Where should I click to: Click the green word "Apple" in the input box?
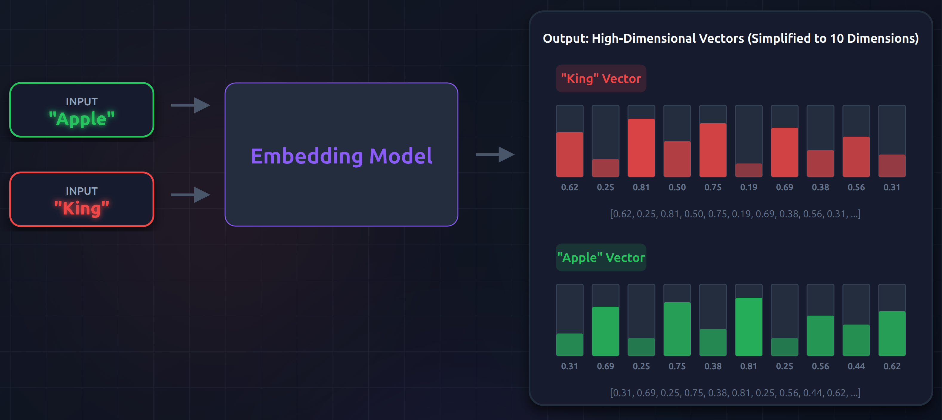coord(81,119)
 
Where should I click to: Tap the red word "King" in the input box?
coord(81,208)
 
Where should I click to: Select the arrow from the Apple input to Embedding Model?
coord(190,105)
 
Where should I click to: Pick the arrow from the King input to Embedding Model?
coord(190,195)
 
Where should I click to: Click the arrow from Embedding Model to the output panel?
coord(495,154)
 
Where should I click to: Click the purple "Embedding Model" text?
coord(341,156)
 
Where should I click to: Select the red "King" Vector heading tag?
coord(601,78)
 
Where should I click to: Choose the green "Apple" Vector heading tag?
coord(601,257)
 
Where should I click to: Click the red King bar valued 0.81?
coord(641,148)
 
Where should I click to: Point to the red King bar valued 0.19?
coord(749,170)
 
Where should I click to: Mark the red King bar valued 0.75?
coord(713,150)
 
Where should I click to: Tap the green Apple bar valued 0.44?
coord(856,340)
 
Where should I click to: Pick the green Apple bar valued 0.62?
coord(892,333)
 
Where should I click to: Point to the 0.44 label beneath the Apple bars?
coord(856,366)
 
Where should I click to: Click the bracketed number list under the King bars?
coord(735,214)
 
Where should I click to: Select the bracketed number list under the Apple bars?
coord(735,393)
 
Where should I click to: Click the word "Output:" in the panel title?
coord(566,38)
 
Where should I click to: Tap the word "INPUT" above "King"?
coord(81,191)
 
